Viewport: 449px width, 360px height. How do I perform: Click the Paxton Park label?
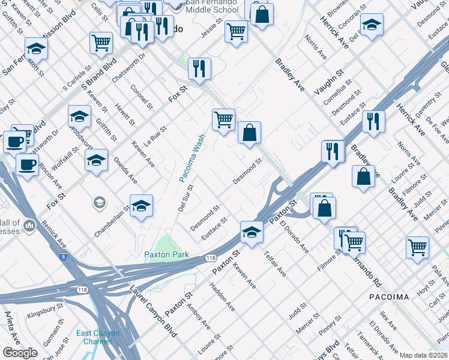[x=166, y=254]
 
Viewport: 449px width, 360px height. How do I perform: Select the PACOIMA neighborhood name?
[x=388, y=297]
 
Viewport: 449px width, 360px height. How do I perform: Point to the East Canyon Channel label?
[x=98, y=337]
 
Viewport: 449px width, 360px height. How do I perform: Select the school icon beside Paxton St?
[x=252, y=232]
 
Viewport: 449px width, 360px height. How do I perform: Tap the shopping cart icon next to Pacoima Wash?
[x=223, y=119]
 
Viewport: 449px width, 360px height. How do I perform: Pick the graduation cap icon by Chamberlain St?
[x=142, y=206]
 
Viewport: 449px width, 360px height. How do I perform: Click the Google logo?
[x=19, y=353]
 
